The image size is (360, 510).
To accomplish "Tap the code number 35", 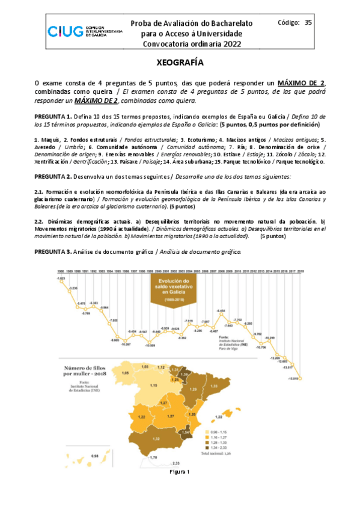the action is pyautogui.click(x=308, y=23).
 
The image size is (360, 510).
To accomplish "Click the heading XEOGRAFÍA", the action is pyautogui.click(x=180, y=62).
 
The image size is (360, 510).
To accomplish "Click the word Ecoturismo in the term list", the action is pyautogui.click(x=184, y=140).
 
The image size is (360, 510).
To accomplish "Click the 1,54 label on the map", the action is pyautogui.click(x=186, y=431).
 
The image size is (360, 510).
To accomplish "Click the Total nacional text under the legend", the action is pyautogui.click(x=227, y=453).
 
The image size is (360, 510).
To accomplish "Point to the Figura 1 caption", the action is pyautogui.click(x=180, y=472).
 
